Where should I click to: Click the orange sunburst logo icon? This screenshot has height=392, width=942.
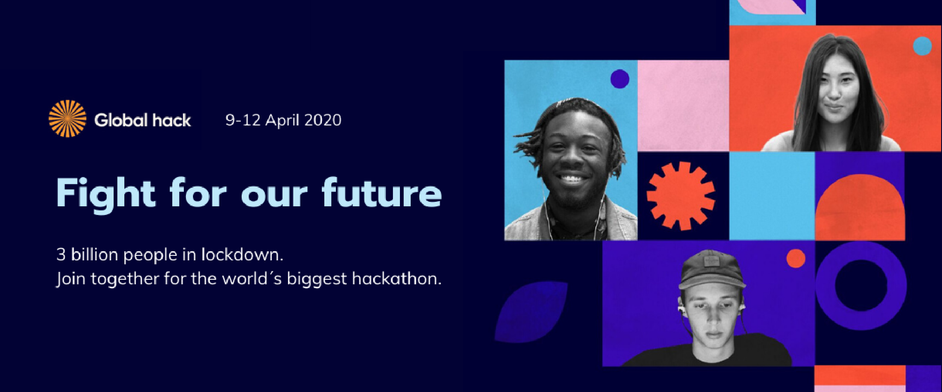67,118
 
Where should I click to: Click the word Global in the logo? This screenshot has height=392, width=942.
121,120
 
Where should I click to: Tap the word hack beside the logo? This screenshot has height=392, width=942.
171,120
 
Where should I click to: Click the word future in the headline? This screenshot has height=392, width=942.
382,192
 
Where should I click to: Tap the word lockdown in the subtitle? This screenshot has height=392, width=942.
242,254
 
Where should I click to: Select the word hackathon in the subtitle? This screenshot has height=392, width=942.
397,279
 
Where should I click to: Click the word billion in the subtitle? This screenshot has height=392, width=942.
95,254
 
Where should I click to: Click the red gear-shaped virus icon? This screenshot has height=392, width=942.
681,196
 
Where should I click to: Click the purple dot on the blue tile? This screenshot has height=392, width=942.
620,78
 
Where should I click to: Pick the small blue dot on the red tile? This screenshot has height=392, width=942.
922,46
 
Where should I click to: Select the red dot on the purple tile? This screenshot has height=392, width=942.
796,258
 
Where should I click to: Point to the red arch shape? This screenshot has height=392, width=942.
860,206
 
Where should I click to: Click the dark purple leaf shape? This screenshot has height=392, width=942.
531,312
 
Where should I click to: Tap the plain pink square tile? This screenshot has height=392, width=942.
683,106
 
